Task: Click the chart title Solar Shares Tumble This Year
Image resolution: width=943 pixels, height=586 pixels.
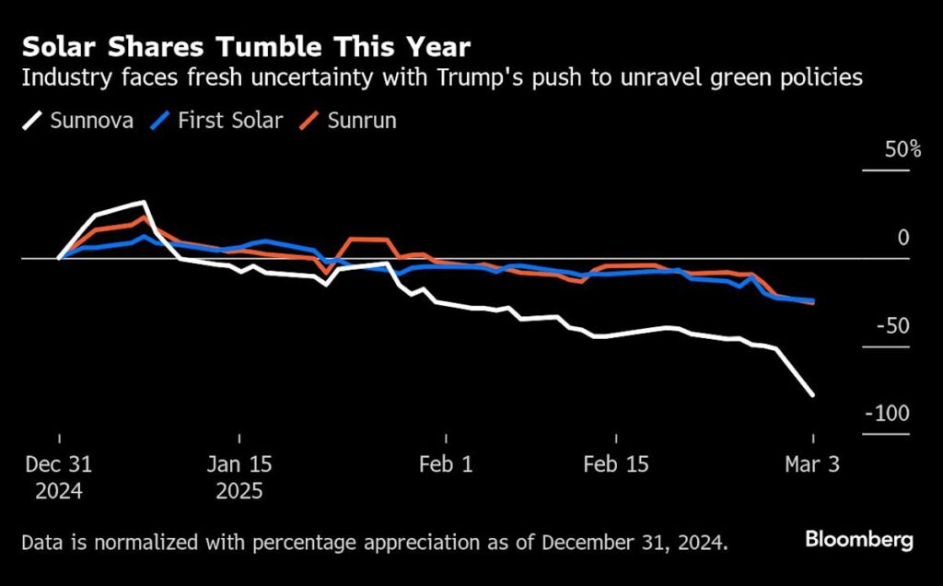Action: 246,46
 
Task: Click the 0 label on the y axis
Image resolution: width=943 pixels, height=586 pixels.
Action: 903,238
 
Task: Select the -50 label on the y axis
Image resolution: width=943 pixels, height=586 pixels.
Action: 891,326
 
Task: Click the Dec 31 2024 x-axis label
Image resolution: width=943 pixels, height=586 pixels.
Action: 59,476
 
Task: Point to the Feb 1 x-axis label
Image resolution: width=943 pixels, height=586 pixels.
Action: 445,463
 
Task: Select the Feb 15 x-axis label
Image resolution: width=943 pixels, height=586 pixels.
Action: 616,463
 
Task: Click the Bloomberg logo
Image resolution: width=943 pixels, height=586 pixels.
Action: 859,540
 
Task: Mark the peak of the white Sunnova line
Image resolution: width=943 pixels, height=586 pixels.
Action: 144,202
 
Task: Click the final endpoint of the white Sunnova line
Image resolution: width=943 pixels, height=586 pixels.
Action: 812,394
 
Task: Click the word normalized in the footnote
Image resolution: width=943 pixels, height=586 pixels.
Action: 142,542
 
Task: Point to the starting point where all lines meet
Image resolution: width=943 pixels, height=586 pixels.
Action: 59,258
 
